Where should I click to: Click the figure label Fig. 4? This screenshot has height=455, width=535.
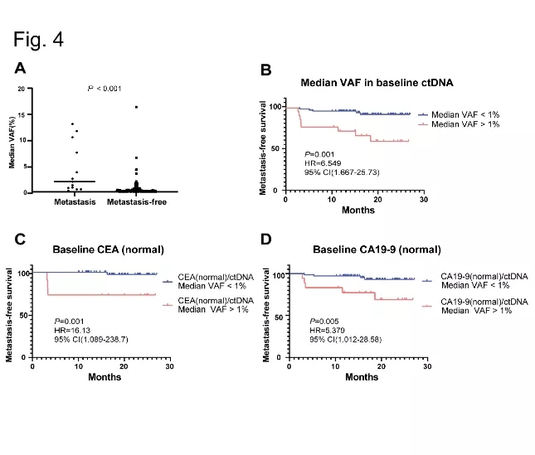tap(39, 39)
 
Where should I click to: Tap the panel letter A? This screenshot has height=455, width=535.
tap(19, 69)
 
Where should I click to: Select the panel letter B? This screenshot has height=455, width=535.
tap(266, 70)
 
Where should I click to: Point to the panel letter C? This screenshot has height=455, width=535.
tap(19, 240)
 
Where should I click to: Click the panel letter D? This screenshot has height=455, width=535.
tap(266, 240)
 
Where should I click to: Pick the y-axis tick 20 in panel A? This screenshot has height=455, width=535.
tap(32, 88)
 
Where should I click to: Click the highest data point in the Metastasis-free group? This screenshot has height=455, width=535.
tap(136, 107)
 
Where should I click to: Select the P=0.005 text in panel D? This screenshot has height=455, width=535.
tap(323, 320)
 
